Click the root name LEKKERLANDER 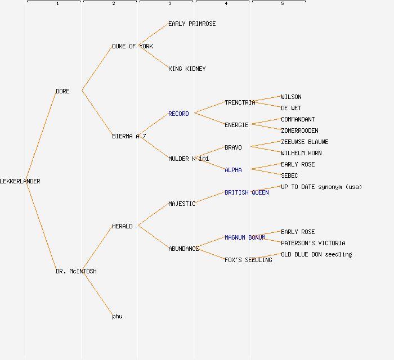(x=20, y=181)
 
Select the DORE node (x=62, y=91)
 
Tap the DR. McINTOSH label (x=76, y=271)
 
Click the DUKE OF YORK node (x=132, y=46)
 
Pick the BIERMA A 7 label (x=129, y=136)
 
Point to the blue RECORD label (x=178, y=114)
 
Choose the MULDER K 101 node (x=189, y=159)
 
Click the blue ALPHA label (x=233, y=170)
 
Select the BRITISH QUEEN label (x=247, y=192)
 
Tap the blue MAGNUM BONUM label (x=245, y=237)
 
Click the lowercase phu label (x=117, y=316)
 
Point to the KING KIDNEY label (x=187, y=69)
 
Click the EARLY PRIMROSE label (x=192, y=24)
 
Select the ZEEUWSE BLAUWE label (x=305, y=142)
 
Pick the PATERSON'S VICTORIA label (x=313, y=243)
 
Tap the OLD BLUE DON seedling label (x=316, y=254)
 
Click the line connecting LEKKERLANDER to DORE (x=41, y=136)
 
